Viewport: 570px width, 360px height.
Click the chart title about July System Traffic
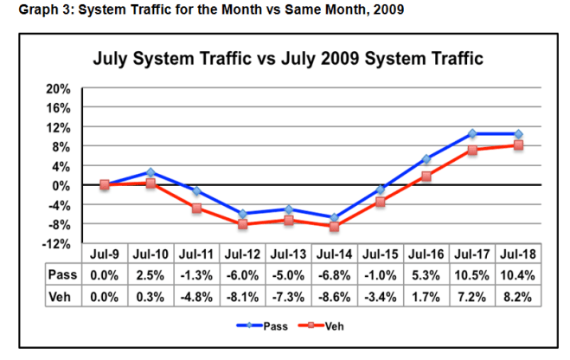[x=287, y=60]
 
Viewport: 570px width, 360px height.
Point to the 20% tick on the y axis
[x=58, y=88]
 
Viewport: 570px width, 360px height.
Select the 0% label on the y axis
[x=61, y=185]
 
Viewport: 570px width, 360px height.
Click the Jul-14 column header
[x=334, y=255]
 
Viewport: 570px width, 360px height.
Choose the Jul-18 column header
[x=518, y=255]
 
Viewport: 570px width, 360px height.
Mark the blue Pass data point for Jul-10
[x=151, y=172]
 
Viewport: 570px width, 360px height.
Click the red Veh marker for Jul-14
[x=334, y=227]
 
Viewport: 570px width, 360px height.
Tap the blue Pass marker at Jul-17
[x=472, y=134]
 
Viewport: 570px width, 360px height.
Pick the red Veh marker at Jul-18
[x=518, y=145]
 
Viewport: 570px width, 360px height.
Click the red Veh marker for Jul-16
[x=426, y=177]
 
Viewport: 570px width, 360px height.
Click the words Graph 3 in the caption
[x=34, y=10]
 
